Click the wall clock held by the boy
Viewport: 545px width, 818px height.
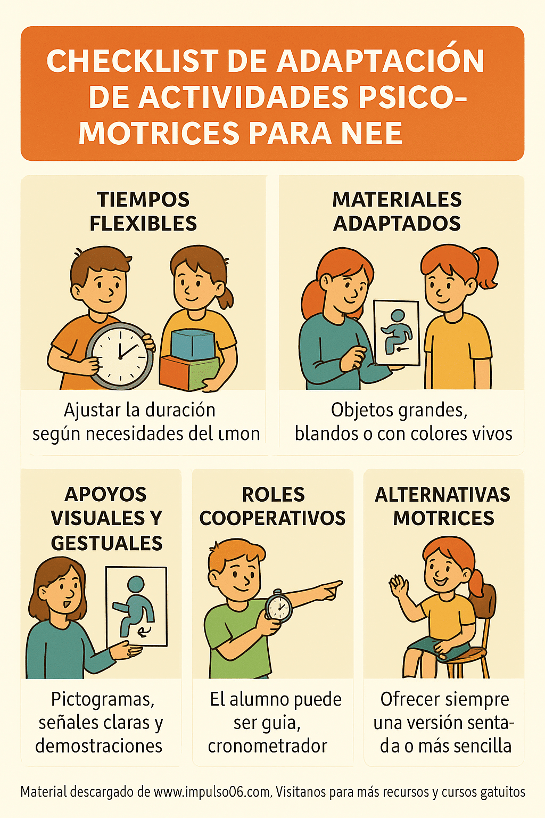point(120,356)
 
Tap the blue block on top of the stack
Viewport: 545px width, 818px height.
point(193,345)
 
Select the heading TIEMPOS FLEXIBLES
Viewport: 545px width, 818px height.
point(143,211)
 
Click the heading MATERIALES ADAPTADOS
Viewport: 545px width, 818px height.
point(397,211)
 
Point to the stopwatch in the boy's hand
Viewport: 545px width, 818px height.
point(278,607)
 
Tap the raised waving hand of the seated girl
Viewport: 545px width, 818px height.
point(398,587)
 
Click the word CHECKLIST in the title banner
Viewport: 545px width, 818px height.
point(133,61)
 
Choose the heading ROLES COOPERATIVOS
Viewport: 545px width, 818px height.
point(272,506)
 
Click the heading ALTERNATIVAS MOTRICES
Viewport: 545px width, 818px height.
point(443,506)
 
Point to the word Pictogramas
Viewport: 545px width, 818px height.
point(103,699)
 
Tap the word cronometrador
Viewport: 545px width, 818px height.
point(267,746)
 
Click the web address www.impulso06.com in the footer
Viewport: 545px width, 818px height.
point(212,792)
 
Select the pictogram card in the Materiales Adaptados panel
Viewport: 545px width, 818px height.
point(397,333)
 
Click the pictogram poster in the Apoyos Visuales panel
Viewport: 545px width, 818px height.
point(136,606)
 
